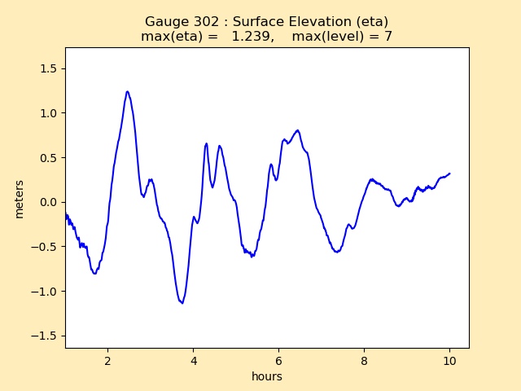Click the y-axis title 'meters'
pos(20,198)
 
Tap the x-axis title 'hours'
pos(267,376)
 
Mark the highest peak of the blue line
pos(128,92)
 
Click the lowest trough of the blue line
pos(182,303)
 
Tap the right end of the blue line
pos(449,173)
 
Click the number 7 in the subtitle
pos(388,37)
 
